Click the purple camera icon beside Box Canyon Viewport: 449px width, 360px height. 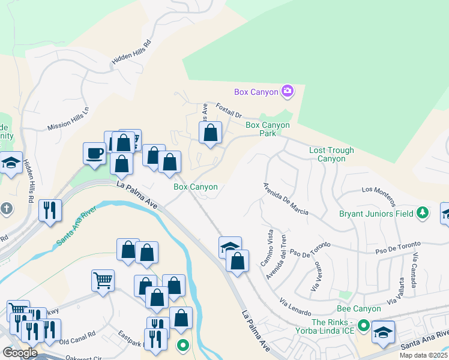tap(288, 91)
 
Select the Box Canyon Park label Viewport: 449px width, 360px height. tap(268, 130)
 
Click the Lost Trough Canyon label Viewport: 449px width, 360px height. tap(331, 155)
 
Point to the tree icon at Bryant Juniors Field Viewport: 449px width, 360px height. tap(423, 212)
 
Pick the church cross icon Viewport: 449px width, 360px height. tap(7, 209)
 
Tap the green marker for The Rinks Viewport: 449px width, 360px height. tap(363, 326)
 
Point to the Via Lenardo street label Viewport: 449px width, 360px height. tap(295, 308)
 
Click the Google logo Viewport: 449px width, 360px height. tap(20, 353)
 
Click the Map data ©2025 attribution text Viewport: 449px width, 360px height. tap(423, 355)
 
